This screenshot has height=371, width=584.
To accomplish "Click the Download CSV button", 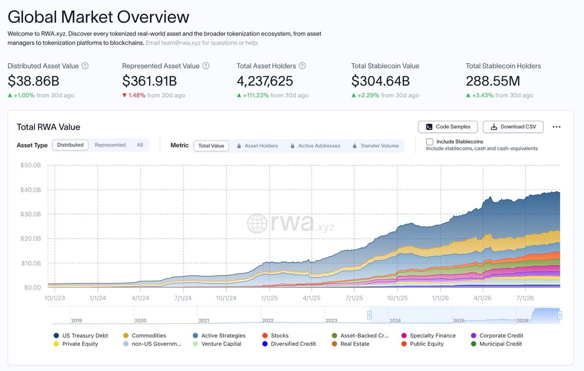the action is coord(513,127).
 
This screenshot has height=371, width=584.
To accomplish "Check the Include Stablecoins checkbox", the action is coord(429,141).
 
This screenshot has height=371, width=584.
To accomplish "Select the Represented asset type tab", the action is coord(110,145).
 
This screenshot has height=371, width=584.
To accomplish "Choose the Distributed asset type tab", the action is coord(71,145).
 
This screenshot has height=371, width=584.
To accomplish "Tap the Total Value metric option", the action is coord(211,146).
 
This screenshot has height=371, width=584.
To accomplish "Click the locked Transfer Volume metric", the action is coord(376,146).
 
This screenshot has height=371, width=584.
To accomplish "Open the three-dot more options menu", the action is coord(556,127).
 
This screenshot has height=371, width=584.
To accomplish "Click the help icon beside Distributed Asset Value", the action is coord(85,66).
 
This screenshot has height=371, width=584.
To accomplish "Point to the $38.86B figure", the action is coord(34,81).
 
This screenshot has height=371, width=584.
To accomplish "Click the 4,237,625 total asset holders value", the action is coord(265,81).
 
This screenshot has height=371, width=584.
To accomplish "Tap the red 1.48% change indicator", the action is coord(134,95).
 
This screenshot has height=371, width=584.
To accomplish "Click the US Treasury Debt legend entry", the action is coord(81,336).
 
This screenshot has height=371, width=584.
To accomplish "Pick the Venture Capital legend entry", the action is coord(217,344).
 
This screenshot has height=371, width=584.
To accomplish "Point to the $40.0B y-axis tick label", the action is coord(31,190).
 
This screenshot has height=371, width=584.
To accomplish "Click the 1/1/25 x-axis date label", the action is coord(269,298).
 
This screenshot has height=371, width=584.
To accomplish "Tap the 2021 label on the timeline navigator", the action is coord(204,320).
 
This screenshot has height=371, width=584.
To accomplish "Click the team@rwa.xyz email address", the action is coord(181,43).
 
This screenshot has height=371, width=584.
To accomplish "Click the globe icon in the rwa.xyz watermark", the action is coord(257,224).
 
